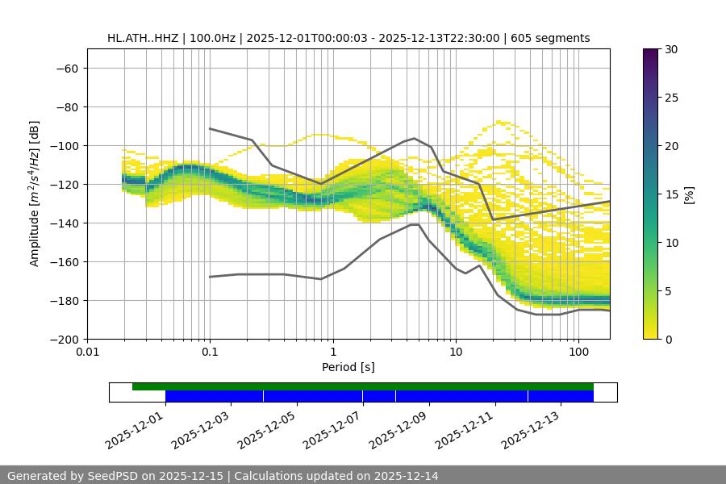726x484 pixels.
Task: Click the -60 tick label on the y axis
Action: pyautogui.click(x=66, y=69)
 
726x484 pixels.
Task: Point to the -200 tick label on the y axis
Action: pyautogui.click(x=63, y=340)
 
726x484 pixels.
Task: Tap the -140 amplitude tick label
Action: pyautogui.click(x=63, y=223)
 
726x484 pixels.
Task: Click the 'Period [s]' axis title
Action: pyautogui.click(x=348, y=368)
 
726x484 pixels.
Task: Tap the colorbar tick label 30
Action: pyautogui.click(x=671, y=49)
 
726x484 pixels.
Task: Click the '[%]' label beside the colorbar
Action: pyautogui.click(x=689, y=194)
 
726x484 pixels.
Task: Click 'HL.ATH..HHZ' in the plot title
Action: pyautogui.click(x=142, y=38)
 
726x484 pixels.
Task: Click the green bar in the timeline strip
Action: pyautogui.click(x=363, y=386)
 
